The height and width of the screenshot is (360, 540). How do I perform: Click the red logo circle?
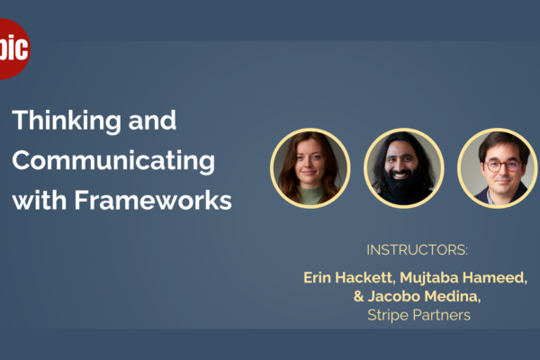pos(13,49)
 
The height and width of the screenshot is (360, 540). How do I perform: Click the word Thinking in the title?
pos(67,121)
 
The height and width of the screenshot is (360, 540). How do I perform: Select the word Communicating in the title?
pos(113,161)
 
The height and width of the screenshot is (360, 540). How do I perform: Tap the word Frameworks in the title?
pos(153,201)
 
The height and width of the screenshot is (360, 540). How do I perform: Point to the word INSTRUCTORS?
pos(417,250)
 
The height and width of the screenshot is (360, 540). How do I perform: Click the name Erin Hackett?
pos(347,278)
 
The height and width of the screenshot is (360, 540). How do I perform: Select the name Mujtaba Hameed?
pos(463,278)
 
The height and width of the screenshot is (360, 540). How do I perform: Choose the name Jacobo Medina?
pos(423,296)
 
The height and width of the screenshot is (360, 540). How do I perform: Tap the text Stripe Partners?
pos(418,315)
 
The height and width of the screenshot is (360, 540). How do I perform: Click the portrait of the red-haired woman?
pos(310,168)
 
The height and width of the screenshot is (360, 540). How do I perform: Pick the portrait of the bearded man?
pos(403,168)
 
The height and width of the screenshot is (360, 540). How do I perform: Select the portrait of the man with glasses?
pos(498,168)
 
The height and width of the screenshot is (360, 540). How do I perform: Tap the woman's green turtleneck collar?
pos(311,193)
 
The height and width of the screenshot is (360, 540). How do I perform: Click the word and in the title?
pos(152,121)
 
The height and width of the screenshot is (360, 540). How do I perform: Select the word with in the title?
pos(40,200)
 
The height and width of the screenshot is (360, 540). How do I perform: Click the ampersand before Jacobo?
pos(358,296)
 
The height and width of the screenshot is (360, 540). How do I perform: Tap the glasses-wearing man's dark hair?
pos(502,144)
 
